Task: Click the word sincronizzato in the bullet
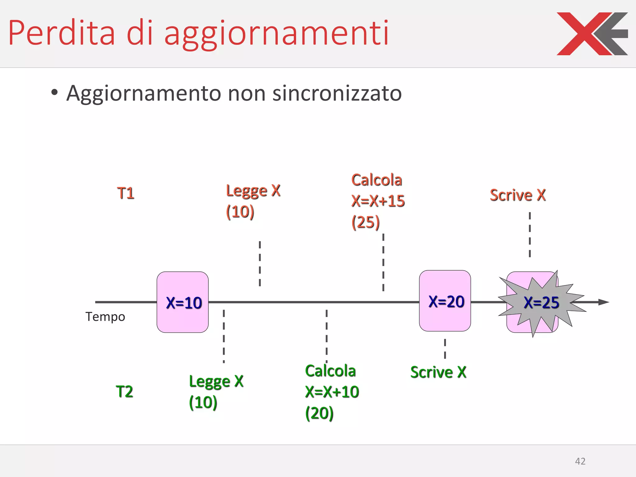[337, 93]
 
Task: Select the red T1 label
[126, 193]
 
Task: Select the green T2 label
[124, 391]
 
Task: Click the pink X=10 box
[183, 302]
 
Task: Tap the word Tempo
[105, 317]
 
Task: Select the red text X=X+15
[378, 201]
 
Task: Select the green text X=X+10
[332, 392]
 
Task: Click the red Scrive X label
[518, 195]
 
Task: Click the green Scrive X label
[438, 372]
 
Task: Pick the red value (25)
[366, 222]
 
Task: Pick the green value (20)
[319, 413]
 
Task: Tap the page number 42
[580, 461]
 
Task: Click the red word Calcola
[377, 180]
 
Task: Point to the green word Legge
[210, 382]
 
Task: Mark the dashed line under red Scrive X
[530, 235]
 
